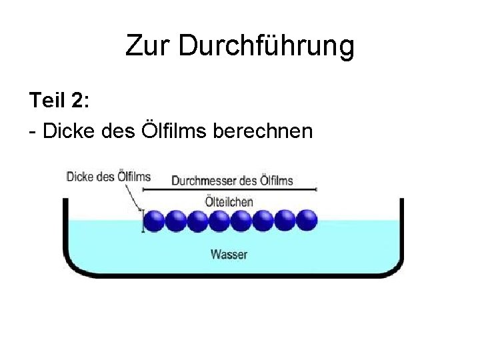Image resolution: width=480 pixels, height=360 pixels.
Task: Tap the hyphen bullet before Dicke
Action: point(33,132)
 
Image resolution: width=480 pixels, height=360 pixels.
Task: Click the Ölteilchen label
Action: point(229,201)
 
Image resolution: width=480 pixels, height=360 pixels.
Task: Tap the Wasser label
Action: point(229,254)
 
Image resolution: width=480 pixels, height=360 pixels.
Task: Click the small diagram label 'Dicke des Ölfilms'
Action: point(108,177)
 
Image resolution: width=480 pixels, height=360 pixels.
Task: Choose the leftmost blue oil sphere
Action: point(154,221)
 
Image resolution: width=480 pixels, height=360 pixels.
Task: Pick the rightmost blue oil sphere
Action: point(306,221)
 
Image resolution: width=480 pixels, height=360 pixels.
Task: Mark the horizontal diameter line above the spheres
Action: point(230,190)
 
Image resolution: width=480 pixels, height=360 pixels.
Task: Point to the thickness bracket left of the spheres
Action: point(141,221)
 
